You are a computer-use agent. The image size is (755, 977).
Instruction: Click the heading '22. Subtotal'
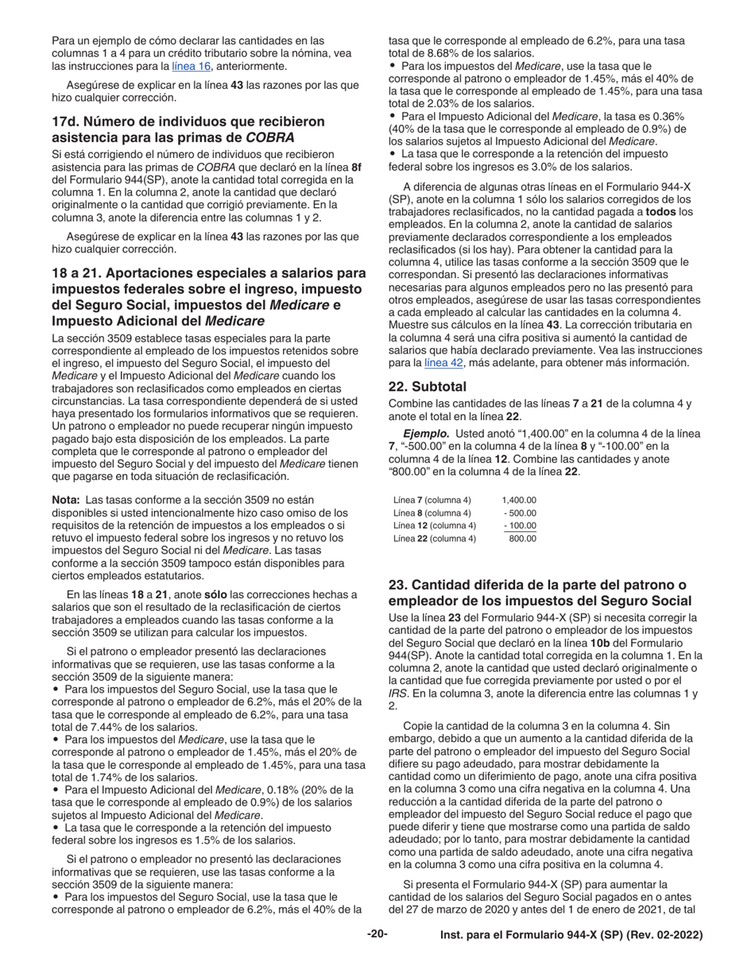click(428, 388)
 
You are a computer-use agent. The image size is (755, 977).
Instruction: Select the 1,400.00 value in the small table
click(519, 500)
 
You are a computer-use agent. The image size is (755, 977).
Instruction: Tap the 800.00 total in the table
click(522, 539)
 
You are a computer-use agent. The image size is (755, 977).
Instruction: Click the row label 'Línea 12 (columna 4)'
click(435, 525)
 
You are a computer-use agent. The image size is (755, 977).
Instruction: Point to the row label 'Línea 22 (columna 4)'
click(435, 539)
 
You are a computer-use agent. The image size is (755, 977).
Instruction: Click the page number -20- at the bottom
click(377, 935)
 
